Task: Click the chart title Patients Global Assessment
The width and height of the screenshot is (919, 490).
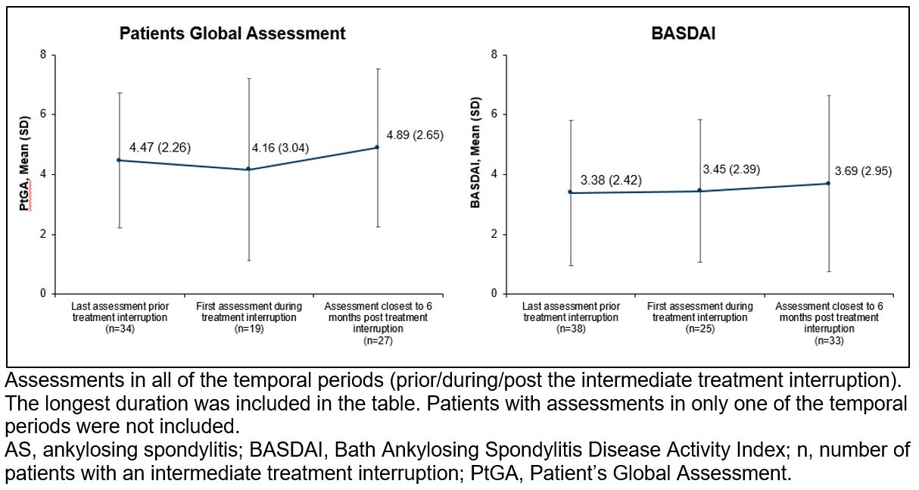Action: coord(232,33)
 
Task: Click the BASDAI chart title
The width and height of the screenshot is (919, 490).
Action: coord(683,33)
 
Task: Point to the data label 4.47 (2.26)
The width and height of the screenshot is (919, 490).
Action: coord(160,148)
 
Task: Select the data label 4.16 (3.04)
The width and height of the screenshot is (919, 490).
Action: coord(280,148)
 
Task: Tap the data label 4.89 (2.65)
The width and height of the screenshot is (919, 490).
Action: coord(415,135)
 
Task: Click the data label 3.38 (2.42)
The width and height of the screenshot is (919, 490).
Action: coord(611,180)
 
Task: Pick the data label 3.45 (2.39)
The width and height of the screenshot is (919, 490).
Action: coord(731,170)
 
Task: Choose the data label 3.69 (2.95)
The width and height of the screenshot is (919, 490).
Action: coord(863,171)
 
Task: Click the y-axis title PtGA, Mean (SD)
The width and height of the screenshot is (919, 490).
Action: coord(25,164)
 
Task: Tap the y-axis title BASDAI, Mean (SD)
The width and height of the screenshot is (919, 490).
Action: coord(475,153)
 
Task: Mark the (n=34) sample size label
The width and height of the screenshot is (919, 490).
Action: coord(120,329)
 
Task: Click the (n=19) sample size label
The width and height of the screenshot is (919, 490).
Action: coord(248,329)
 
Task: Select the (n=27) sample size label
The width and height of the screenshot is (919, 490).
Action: coord(378,341)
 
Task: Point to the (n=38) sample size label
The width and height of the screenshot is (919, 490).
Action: coord(571,329)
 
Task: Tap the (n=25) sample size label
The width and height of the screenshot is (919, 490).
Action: coord(700,329)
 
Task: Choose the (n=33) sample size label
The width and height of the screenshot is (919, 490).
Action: coord(829,341)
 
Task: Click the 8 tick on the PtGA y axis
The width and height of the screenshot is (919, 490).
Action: coord(43,55)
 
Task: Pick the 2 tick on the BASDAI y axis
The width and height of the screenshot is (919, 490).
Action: coord(494,234)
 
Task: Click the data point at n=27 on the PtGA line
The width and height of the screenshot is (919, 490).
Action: coord(378,147)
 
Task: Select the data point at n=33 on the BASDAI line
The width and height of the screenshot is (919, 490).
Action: coord(828,183)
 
